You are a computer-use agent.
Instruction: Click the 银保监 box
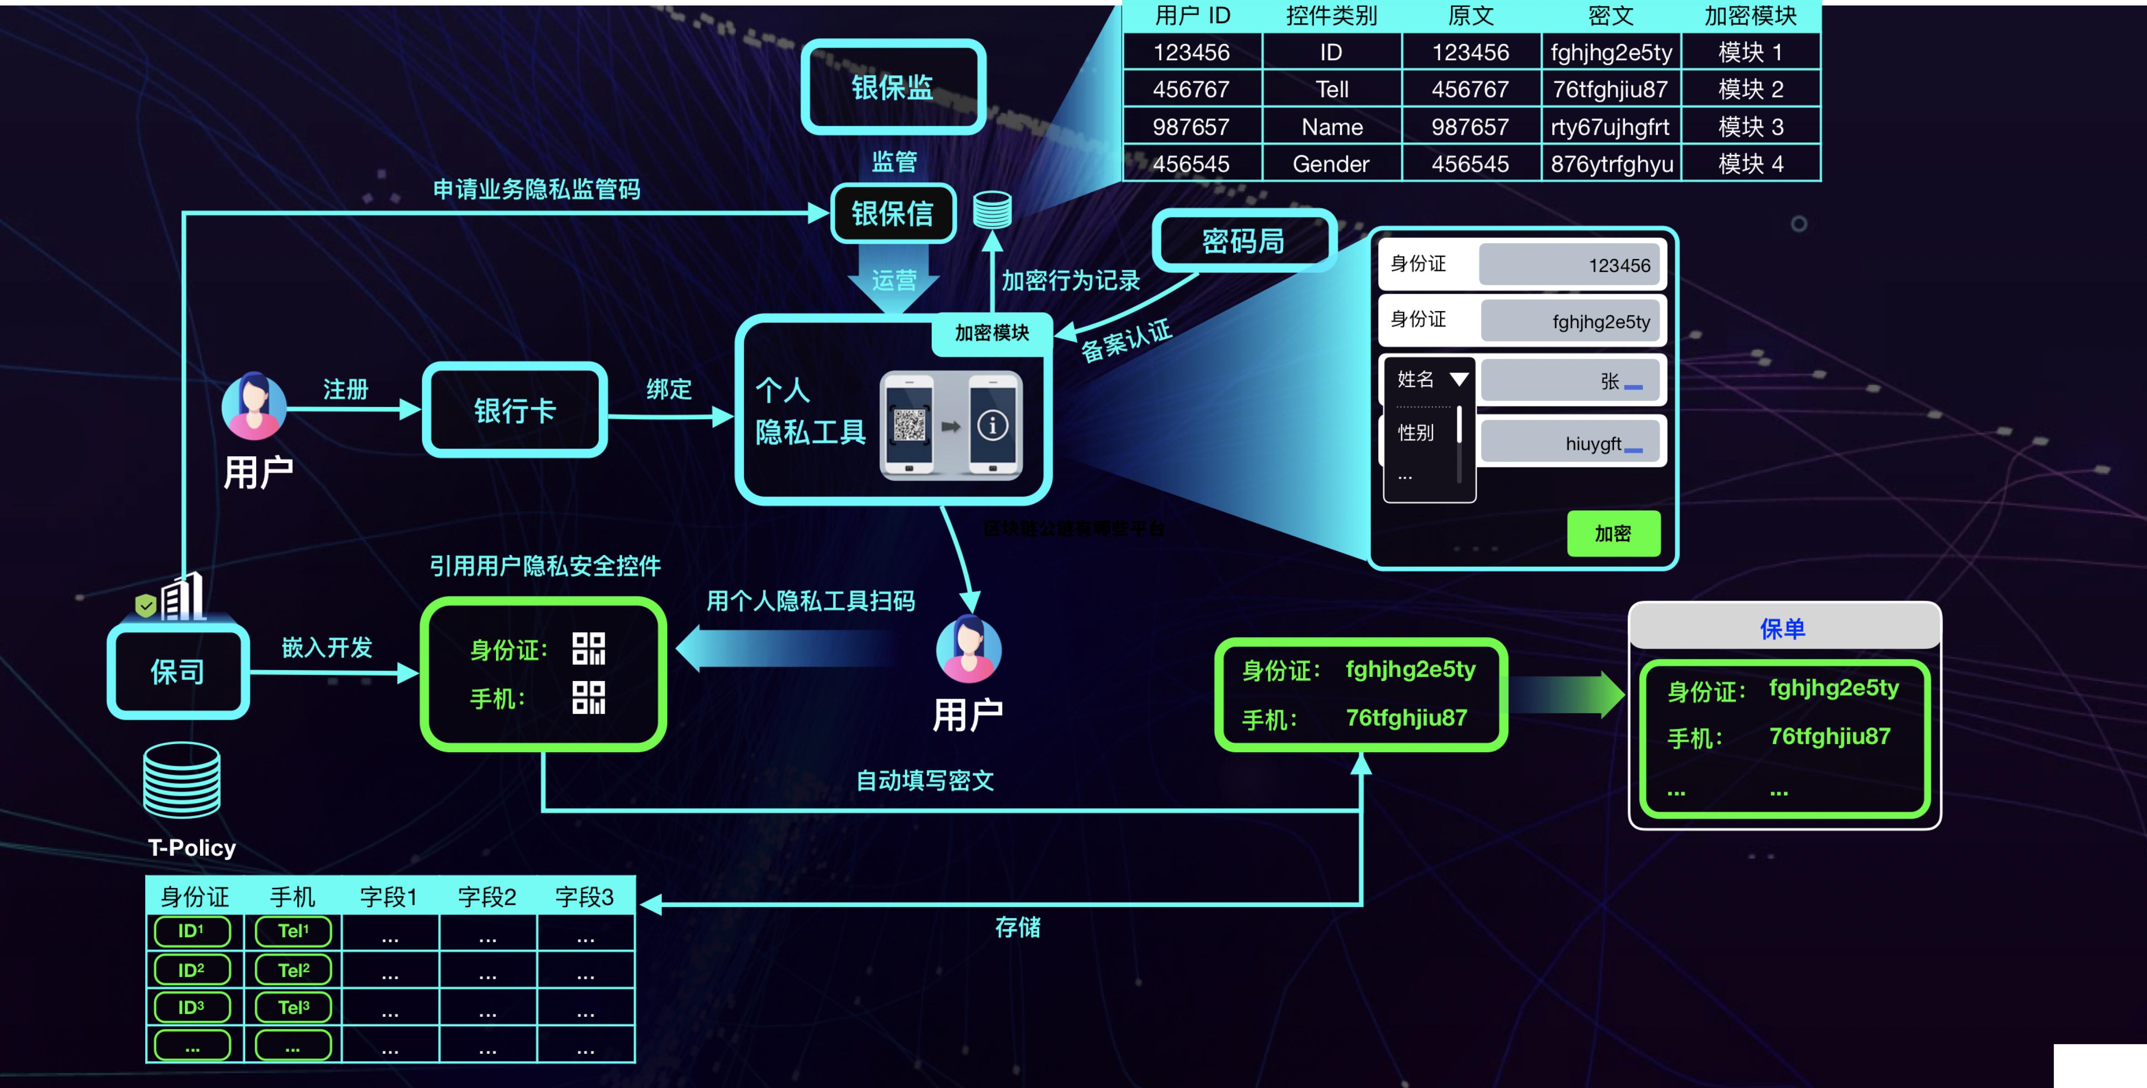[892, 87]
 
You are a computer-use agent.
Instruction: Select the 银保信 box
[892, 213]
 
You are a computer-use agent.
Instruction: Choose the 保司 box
[178, 671]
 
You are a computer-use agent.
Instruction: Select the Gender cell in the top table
[1331, 164]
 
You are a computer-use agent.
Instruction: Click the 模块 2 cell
[1750, 89]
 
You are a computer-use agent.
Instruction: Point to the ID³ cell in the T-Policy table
[192, 1007]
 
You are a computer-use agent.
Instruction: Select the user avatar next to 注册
[254, 406]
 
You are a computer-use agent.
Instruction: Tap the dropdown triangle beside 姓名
[1459, 380]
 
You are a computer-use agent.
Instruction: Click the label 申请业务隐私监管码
[536, 189]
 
